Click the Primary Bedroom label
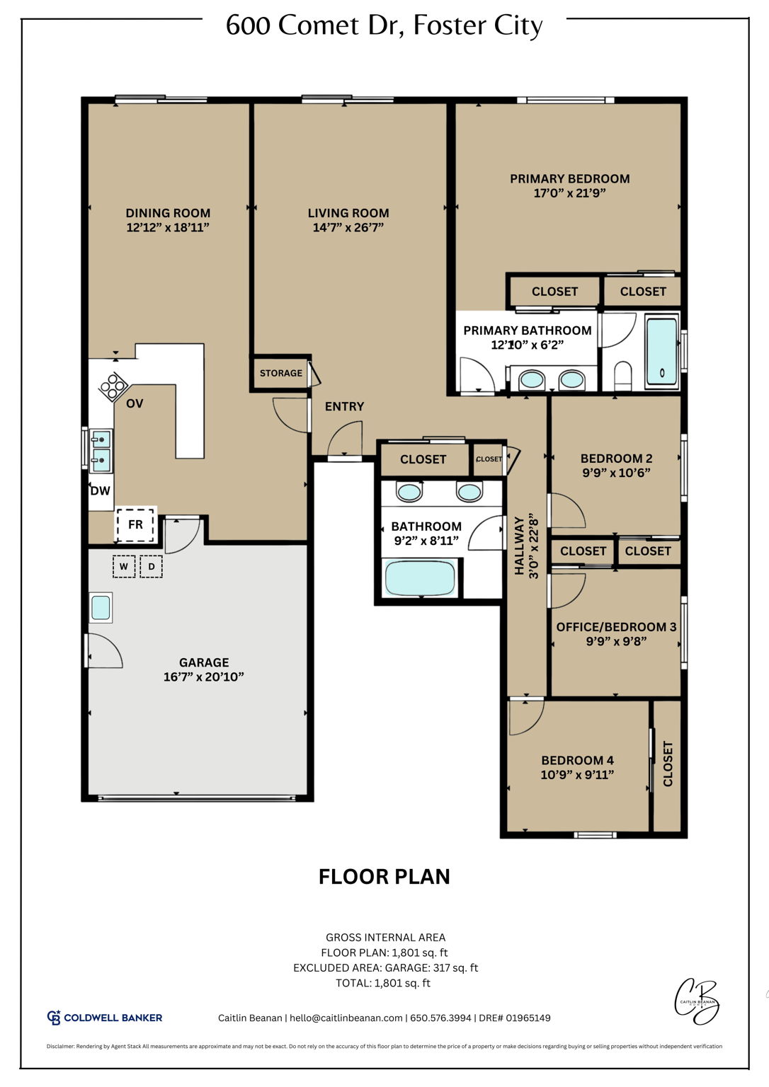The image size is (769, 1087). (569, 179)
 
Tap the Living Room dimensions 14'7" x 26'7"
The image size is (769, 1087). (348, 228)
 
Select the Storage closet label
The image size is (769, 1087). (280, 373)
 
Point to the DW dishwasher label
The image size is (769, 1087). (100, 490)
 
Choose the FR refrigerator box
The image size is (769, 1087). (135, 524)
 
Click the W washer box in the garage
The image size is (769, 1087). (124, 567)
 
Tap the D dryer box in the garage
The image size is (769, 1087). (151, 567)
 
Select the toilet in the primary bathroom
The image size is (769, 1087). (622, 375)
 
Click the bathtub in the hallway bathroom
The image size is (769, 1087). (419, 577)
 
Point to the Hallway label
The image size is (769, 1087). (519, 546)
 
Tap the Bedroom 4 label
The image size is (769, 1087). (577, 760)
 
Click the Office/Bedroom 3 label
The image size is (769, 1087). (616, 627)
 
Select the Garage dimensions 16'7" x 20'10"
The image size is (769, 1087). (203, 677)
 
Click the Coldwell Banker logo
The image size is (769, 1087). (104, 1018)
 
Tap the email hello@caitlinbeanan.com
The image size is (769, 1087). (346, 1018)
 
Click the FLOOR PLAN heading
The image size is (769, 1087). (384, 877)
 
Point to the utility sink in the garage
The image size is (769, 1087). (101, 608)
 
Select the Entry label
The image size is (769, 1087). (344, 406)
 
